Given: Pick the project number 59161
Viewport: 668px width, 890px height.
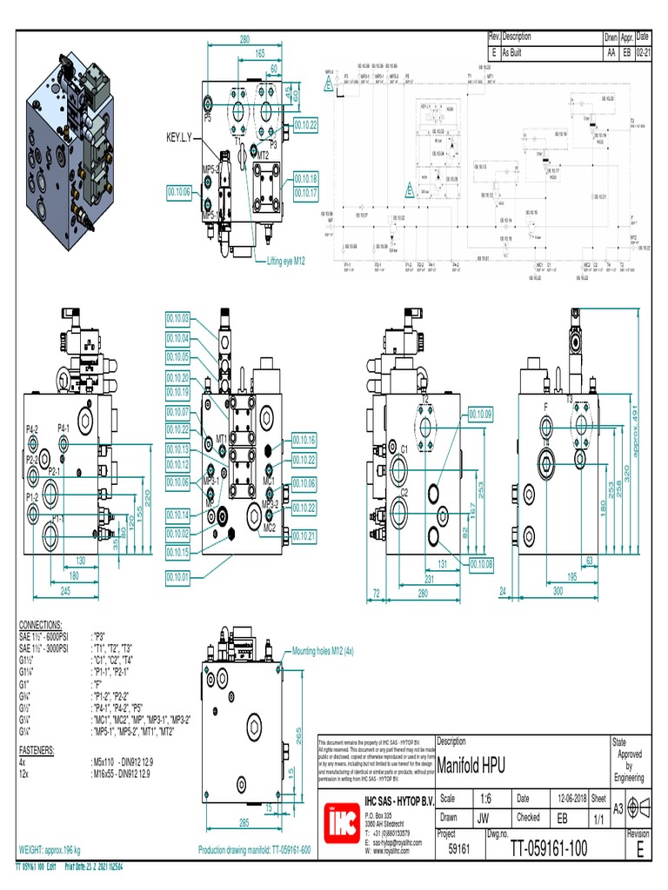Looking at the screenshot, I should click(x=458, y=851).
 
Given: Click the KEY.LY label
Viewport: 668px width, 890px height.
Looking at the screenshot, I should click(x=183, y=137).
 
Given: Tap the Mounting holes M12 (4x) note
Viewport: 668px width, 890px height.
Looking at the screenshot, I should click(x=323, y=650).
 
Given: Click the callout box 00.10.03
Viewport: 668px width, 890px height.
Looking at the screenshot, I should click(x=177, y=319).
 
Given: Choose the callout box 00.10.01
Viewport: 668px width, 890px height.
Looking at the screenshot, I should click(x=177, y=576).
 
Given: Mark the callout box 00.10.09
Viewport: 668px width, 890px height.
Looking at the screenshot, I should click(x=480, y=413).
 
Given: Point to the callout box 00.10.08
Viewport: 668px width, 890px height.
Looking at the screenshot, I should click(x=481, y=564).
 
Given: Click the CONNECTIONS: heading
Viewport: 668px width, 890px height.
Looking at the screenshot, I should click(x=40, y=624).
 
